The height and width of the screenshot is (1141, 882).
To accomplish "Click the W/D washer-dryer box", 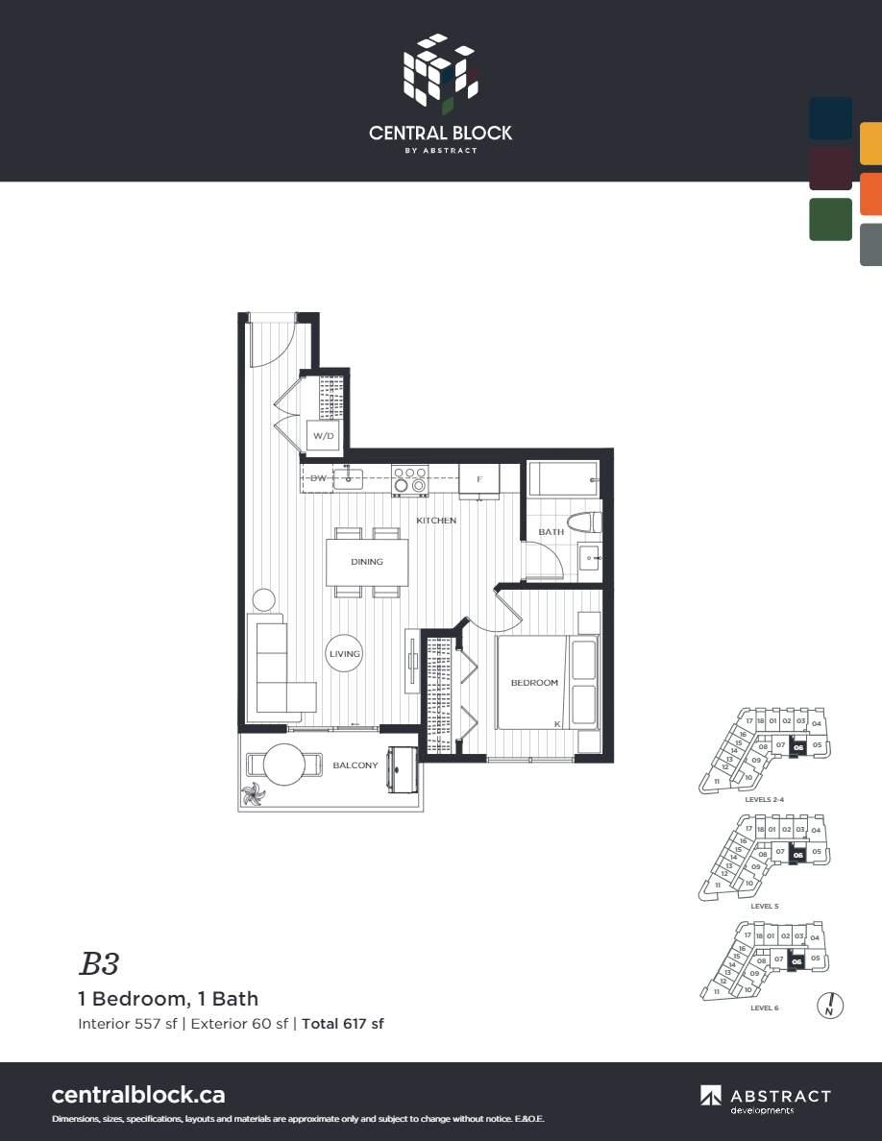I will click(x=323, y=436).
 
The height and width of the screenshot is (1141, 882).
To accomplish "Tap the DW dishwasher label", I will click(x=317, y=478).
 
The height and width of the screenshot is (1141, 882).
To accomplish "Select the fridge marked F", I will click(x=478, y=479).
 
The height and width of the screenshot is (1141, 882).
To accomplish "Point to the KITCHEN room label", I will click(x=436, y=521).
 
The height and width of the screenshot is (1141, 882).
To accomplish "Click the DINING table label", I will click(x=367, y=562).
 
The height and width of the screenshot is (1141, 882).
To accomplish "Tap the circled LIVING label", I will click(x=344, y=654).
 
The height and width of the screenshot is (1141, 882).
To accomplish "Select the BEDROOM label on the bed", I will click(x=534, y=683).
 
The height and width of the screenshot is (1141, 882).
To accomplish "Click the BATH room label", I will click(x=551, y=532).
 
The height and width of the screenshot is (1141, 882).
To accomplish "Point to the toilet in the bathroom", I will click(x=583, y=523).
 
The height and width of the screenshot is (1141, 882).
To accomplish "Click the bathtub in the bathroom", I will click(x=563, y=479).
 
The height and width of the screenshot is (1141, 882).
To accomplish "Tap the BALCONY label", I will click(x=355, y=765).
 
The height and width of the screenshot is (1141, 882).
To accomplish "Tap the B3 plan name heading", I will click(x=99, y=963).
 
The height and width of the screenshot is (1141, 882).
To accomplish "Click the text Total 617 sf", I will click(x=343, y=1024).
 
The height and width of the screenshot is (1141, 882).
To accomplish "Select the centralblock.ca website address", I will click(x=138, y=1094).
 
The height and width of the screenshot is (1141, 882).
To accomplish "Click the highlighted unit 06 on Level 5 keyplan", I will click(x=797, y=853).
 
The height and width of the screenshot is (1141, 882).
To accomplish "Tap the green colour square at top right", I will click(x=830, y=219).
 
